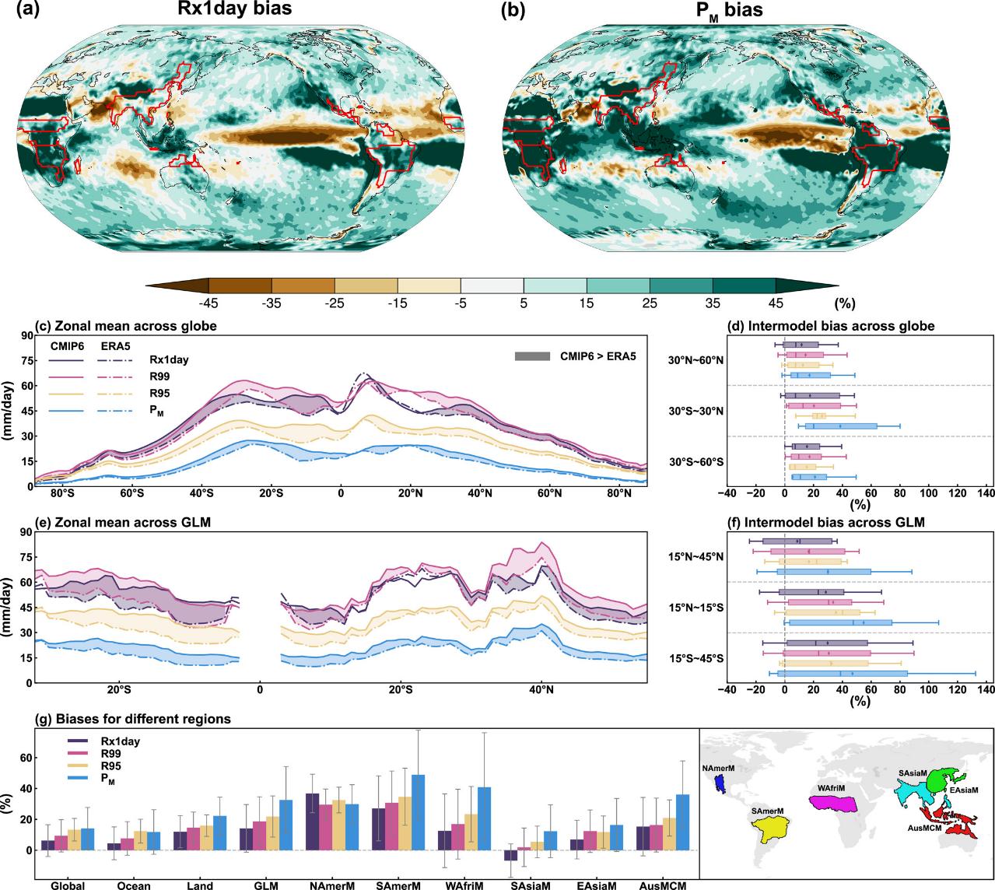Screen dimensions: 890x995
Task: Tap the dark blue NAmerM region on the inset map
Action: (721, 784)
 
